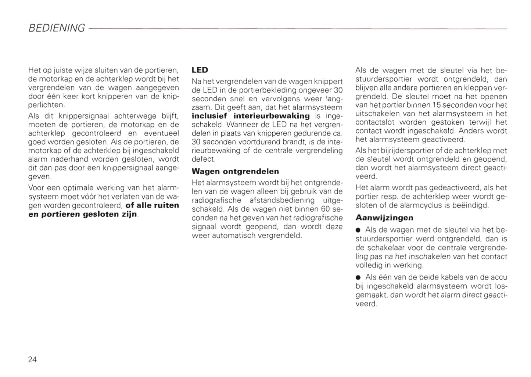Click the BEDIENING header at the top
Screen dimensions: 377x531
[57, 28]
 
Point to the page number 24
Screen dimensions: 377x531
[32, 359]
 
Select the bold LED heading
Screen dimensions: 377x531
[200, 70]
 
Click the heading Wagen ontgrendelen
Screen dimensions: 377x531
[235, 171]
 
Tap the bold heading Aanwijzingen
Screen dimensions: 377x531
[384, 218]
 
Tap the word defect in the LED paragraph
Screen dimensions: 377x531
[203, 159]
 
